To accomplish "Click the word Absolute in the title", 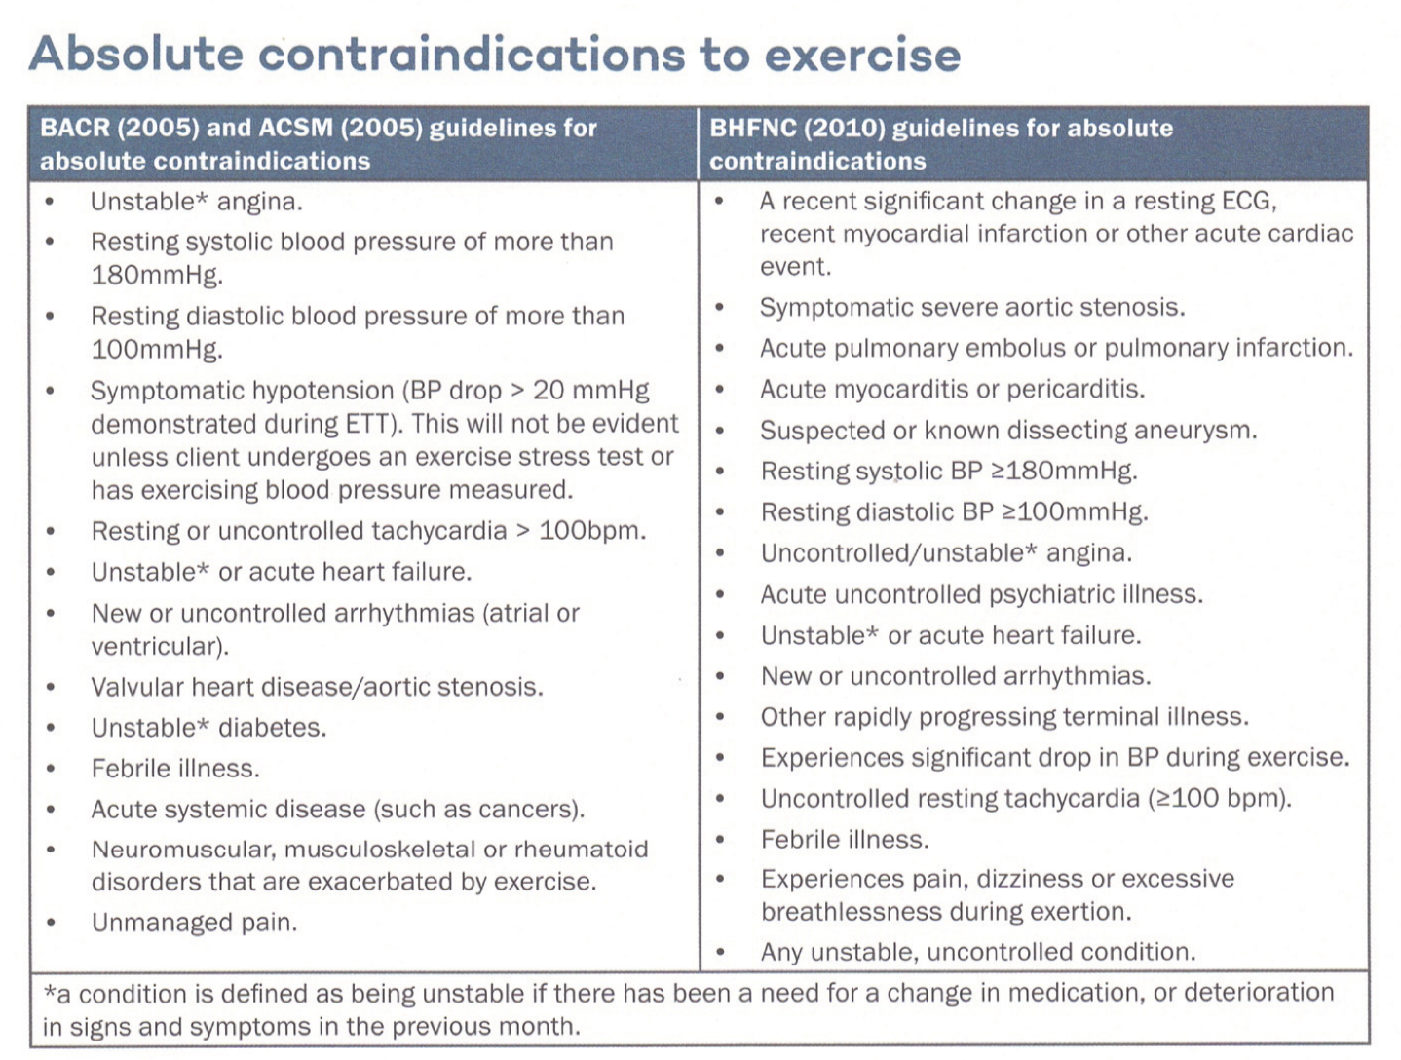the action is click(136, 54).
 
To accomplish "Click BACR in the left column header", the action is click(75, 128).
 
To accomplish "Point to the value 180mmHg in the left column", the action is click(156, 275).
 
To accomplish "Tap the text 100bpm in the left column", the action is click(591, 531).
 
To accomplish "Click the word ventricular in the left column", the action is click(159, 647).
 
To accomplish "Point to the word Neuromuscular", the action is click(183, 850).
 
